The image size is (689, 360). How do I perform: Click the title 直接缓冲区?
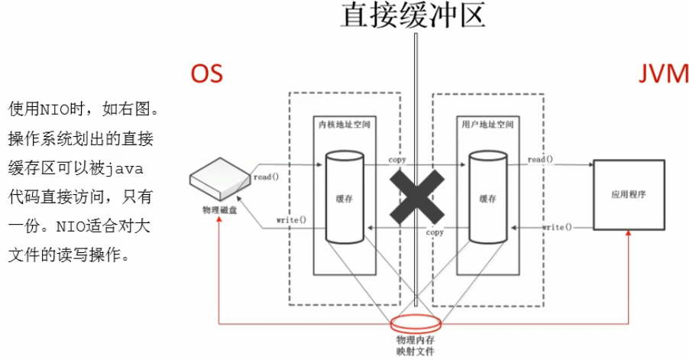pos(413,15)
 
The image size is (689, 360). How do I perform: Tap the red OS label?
pos(206,73)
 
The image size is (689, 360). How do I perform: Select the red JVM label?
pos(664,73)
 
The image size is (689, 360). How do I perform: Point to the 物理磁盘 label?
pos(220,209)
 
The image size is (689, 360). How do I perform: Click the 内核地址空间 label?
pos(344,125)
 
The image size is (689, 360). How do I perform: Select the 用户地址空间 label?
pos(488,125)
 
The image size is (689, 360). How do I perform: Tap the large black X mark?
pos(417,197)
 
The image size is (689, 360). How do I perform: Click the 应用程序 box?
pos(629,195)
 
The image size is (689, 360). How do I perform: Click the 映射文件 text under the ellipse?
pos(416,351)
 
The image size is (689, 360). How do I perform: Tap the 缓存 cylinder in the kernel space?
pos(344,197)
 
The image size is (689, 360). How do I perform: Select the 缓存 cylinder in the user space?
pos(488,197)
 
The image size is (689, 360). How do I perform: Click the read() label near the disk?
pos(267,177)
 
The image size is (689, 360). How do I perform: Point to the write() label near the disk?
pos(291,220)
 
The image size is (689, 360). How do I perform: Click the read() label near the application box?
pos(541,159)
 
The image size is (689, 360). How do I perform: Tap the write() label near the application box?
pos(557,227)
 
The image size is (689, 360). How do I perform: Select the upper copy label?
pos(397,160)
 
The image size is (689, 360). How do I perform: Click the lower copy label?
pos(435,232)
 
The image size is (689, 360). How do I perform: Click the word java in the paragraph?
pos(125,169)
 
